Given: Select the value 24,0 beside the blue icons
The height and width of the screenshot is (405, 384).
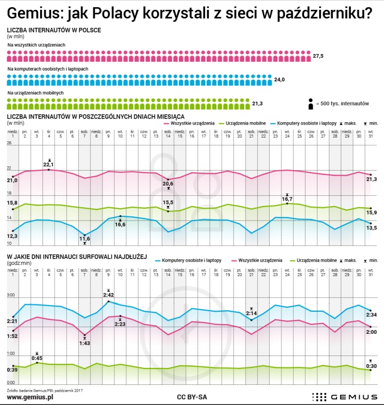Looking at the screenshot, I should point(279,79).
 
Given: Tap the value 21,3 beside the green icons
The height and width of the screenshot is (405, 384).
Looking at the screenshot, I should point(258,104).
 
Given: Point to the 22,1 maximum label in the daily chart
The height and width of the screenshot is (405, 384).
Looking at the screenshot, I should point(49,164).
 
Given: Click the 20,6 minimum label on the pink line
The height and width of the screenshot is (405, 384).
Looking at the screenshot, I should point(168,183).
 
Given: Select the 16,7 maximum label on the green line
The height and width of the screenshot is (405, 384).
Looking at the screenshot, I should point(287,199).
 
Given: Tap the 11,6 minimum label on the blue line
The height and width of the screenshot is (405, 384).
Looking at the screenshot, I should point(85,239).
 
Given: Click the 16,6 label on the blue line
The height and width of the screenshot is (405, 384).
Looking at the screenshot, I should point(120,224).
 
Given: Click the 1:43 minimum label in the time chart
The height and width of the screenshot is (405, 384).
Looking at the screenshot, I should point(85,343).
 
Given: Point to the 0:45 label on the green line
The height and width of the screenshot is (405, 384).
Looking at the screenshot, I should point(37,358).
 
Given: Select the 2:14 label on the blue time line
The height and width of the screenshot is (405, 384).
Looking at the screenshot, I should point(252,313).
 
